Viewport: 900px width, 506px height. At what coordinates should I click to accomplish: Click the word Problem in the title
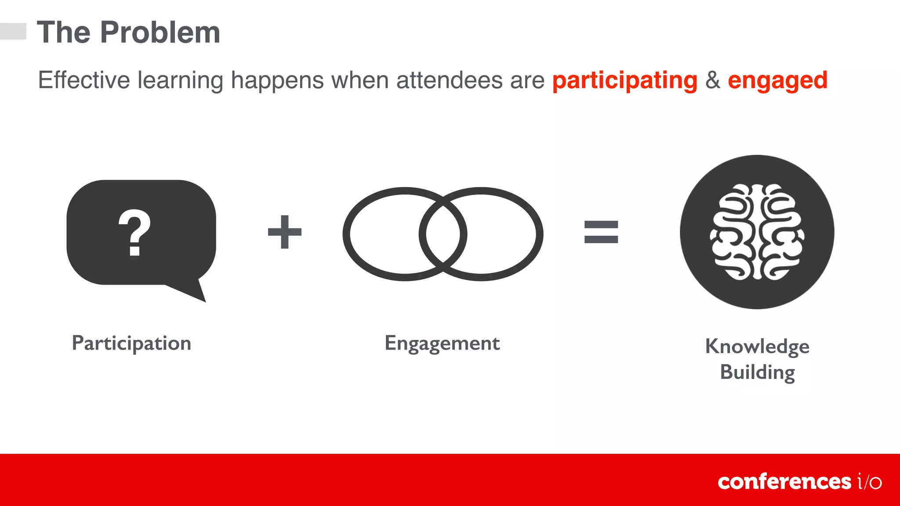(x=160, y=33)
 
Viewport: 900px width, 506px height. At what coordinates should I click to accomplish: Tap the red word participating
(x=624, y=80)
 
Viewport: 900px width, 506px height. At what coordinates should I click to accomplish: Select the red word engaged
(x=777, y=80)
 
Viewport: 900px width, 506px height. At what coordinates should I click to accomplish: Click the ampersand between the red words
(x=712, y=80)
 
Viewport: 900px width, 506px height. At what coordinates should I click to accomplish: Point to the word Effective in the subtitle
(x=83, y=80)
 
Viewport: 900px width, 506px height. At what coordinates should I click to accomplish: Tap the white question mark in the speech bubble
(x=134, y=232)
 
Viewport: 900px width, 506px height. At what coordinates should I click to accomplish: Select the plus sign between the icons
(x=285, y=232)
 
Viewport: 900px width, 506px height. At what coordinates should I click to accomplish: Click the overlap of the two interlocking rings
(x=443, y=234)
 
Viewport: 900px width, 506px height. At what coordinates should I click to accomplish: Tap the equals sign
(x=601, y=232)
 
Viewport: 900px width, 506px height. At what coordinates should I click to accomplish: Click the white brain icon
(x=757, y=232)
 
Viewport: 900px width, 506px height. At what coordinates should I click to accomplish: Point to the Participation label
(x=131, y=343)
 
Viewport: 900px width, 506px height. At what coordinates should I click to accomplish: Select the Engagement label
(x=442, y=343)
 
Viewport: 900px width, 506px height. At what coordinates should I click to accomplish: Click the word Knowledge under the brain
(x=757, y=346)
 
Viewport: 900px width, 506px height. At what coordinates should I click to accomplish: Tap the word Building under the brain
(x=757, y=372)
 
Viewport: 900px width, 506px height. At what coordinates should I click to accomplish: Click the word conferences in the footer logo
(x=784, y=481)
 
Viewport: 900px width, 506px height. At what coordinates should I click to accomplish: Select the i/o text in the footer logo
(x=869, y=481)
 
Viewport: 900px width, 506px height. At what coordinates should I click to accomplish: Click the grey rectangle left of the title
(x=13, y=31)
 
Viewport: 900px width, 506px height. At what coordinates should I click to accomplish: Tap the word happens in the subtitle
(x=277, y=80)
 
